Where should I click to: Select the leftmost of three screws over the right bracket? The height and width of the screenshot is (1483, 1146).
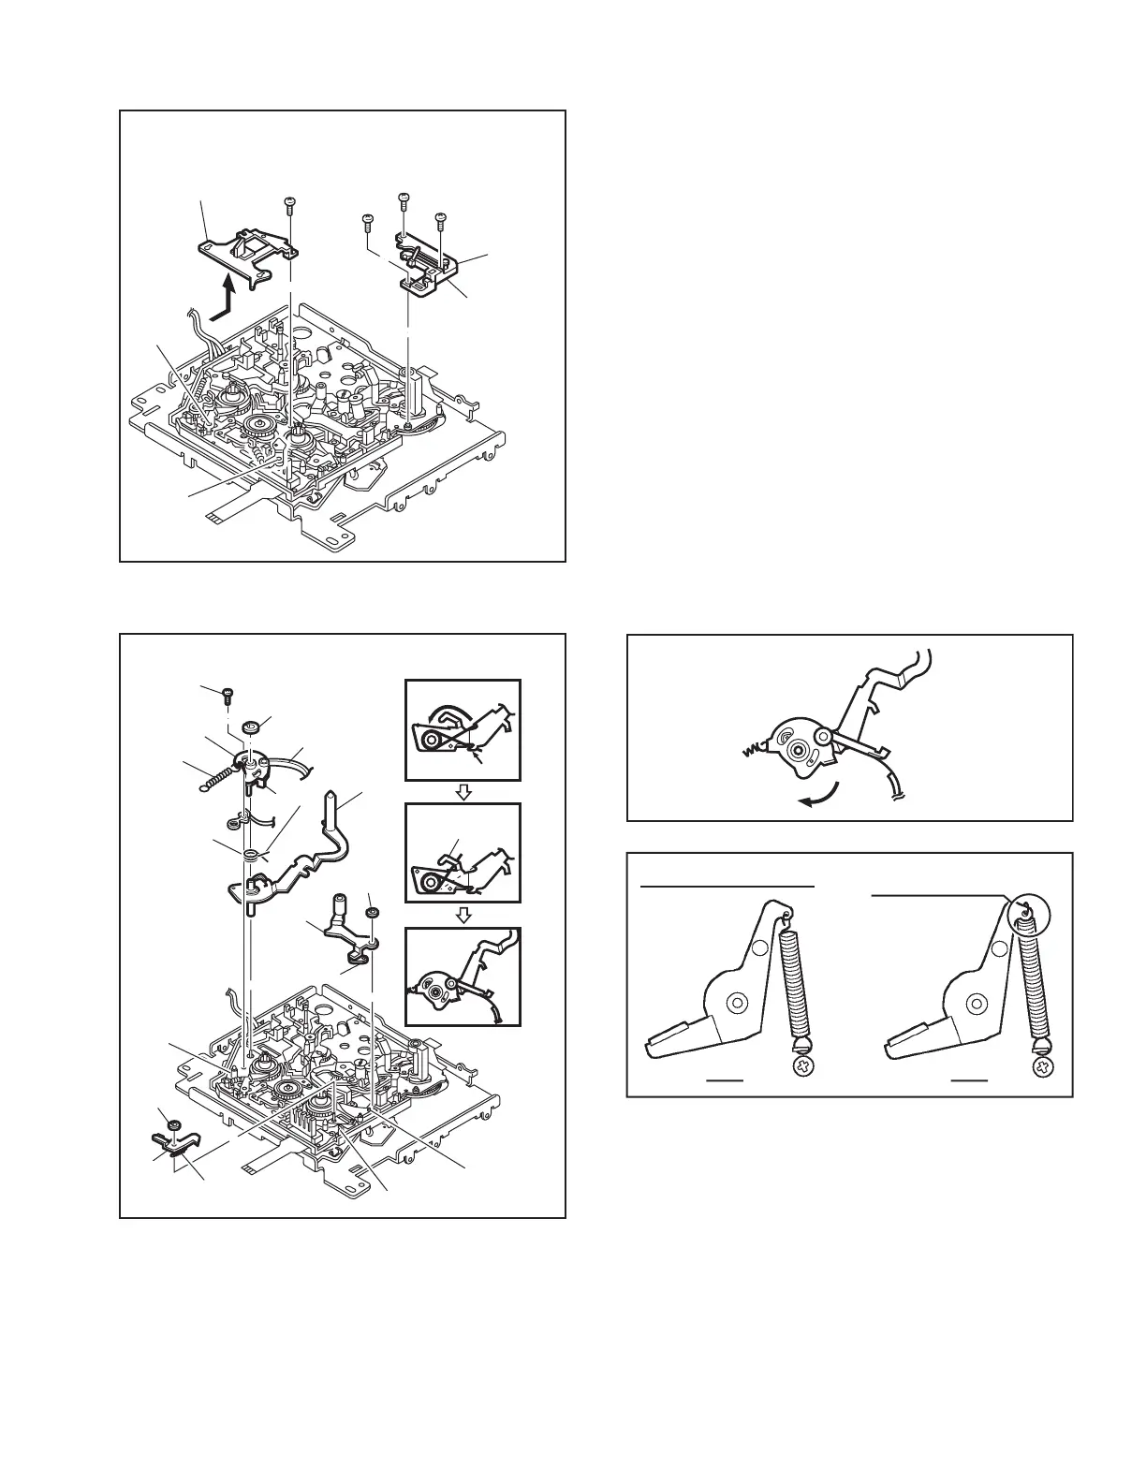tap(367, 220)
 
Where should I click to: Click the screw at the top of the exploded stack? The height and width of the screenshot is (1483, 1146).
tap(228, 695)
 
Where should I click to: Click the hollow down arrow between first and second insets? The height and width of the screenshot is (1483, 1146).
tap(463, 792)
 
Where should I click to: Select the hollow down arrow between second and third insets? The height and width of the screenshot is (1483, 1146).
tap(463, 917)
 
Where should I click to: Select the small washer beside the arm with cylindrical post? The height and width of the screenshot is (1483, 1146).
tap(372, 912)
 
